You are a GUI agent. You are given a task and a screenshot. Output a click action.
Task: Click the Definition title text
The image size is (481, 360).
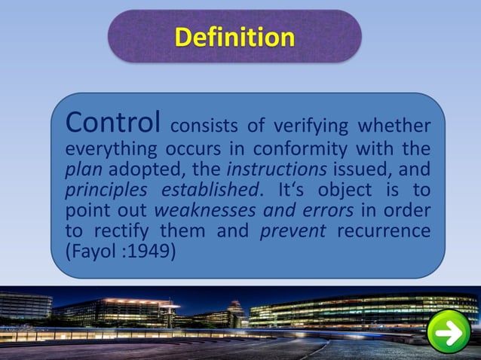click(234, 37)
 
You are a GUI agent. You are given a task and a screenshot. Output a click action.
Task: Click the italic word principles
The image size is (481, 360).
click(97, 188)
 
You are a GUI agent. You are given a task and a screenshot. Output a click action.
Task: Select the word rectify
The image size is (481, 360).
click(120, 230)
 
